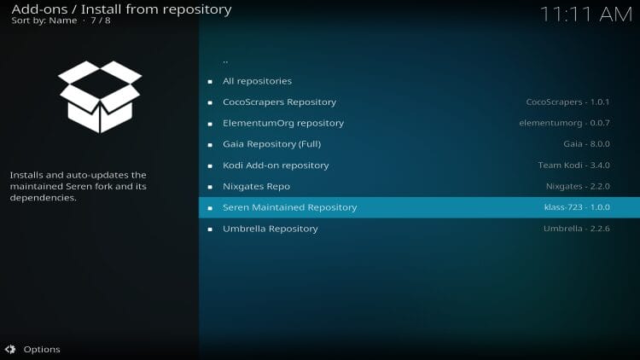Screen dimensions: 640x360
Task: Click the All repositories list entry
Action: pyautogui.click(x=257, y=81)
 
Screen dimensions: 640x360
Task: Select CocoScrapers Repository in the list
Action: pyautogui.click(x=280, y=102)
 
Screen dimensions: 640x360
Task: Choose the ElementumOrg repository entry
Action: pyautogui.click(x=283, y=123)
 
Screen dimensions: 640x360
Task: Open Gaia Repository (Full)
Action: pyautogui.click(x=272, y=144)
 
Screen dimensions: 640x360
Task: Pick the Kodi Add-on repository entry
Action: pyautogui.click(x=276, y=165)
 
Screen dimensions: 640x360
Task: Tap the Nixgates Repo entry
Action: pyautogui.click(x=256, y=187)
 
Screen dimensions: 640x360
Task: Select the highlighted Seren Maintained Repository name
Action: pyautogui.click(x=290, y=207)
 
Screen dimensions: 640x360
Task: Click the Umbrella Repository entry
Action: pyautogui.click(x=271, y=229)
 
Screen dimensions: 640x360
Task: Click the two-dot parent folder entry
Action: pyautogui.click(x=225, y=61)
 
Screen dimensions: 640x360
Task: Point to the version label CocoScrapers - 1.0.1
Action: pyautogui.click(x=567, y=102)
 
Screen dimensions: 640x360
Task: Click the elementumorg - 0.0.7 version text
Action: pyautogui.click(x=565, y=123)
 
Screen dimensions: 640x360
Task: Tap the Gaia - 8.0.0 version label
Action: pyautogui.click(x=586, y=144)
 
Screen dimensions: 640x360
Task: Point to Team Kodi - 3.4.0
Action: pyautogui.click(x=574, y=165)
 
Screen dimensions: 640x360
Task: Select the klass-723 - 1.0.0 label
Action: pyautogui.click(x=577, y=207)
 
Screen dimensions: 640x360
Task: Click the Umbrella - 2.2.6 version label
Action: pyautogui.click(x=576, y=229)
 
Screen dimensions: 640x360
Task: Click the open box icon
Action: pyautogui.click(x=100, y=96)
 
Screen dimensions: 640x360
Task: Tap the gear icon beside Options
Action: pyautogui.click(x=10, y=350)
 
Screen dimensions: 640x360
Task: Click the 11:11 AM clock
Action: pyautogui.click(x=586, y=15)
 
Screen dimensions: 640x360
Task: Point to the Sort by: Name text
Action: pyautogui.click(x=44, y=20)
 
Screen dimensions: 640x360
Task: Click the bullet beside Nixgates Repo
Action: pyautogui.click(x=210, y=187)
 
